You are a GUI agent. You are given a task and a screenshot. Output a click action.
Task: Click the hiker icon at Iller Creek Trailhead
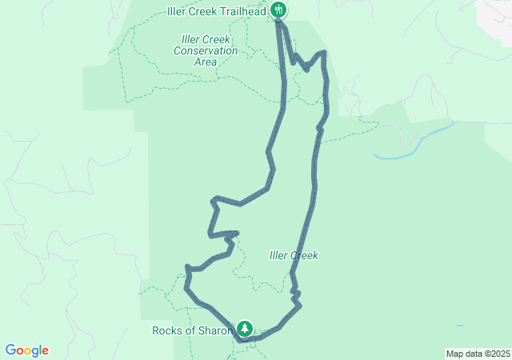coord(278,10)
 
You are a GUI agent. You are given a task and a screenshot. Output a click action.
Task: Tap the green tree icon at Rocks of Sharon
coord(244,329)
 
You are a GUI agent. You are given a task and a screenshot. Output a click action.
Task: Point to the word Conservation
coord(206,50)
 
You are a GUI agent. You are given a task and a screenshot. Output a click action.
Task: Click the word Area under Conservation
coord(206,62)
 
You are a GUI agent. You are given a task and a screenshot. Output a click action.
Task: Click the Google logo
coord(26,350)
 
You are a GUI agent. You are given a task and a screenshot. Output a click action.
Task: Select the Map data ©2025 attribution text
coord(478,354)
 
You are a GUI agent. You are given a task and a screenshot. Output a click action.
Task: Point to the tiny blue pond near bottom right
coord(458,326)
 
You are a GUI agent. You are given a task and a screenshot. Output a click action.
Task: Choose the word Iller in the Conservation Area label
coord(192,39)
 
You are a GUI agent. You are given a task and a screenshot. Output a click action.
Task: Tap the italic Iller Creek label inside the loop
coord(294,255)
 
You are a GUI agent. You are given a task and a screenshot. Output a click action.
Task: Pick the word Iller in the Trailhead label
coord(177,10)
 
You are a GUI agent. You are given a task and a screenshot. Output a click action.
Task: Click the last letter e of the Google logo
coord(45,351)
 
